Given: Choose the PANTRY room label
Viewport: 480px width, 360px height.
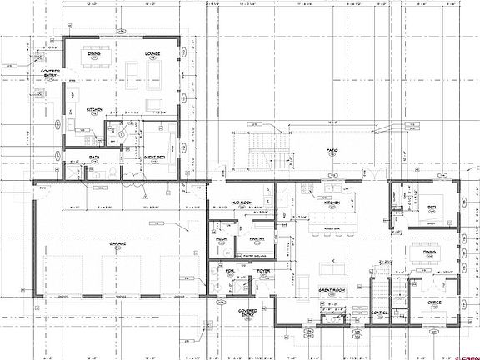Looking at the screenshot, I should click(x=257, y=238).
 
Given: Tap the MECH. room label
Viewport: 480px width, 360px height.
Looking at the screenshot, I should click(x=222, y=238).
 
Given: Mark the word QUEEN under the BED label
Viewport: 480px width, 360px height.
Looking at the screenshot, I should click(x=430, y=223).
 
